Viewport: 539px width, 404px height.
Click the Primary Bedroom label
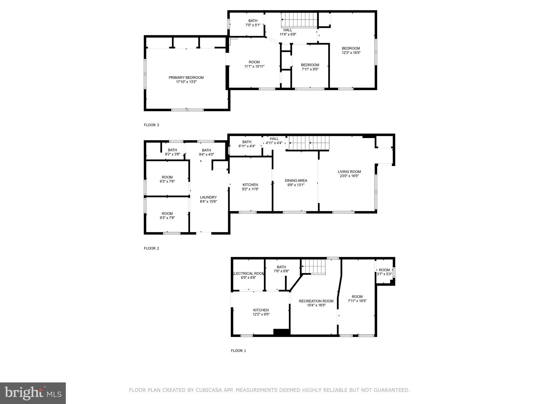(186, 78)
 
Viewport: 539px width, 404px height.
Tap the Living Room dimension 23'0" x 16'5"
(349, 176)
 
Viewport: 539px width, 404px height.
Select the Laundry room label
(208, 197)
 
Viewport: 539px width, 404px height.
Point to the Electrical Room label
(248, 274)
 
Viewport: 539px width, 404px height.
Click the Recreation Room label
(316, 301)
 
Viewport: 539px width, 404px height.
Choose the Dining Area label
(296, 181)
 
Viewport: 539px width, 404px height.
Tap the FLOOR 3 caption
(151, 125)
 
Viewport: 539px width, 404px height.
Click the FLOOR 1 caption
(238, 351)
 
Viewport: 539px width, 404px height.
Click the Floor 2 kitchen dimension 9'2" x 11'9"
(250, 189)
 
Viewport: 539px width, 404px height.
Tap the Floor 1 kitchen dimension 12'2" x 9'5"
(261, 314)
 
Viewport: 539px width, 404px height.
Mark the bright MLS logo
(33, 393)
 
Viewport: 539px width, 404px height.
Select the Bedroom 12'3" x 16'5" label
(351, 48)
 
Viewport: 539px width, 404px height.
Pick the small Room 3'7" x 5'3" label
(384, 270)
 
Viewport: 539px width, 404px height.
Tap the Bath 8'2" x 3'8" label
(172, 150)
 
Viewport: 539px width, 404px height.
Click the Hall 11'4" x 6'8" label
(288, 30)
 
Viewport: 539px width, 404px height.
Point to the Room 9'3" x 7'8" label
(167, 214)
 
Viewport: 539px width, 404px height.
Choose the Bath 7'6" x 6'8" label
(281, 267)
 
